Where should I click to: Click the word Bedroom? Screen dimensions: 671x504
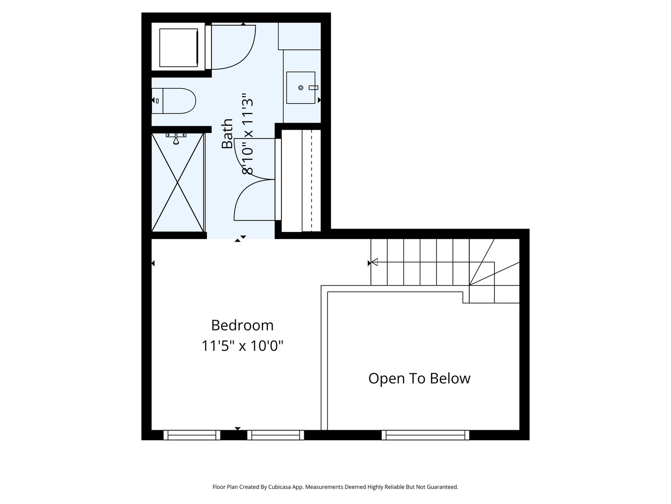click(x=242, y=325)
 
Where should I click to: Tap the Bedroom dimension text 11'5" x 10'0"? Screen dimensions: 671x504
click(x=242, y=346)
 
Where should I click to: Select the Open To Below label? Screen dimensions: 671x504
click(x=419, y=378)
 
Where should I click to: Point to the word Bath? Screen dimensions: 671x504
click(x=227, y=134)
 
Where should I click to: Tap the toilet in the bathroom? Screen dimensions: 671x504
click(x=174, y=101)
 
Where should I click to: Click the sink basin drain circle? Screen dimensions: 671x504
click(x=301, y=88)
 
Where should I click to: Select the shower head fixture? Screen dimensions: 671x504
click(x=176, y=138)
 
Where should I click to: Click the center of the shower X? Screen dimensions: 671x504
click(x=178, y=182)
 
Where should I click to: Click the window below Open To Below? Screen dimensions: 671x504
click(x=425, y=435)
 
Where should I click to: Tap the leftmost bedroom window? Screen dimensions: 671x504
click(x=192, y=435)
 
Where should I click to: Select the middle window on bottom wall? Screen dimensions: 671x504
click(x=275, y=435)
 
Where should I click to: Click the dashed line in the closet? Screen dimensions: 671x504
click(x=312, y=180)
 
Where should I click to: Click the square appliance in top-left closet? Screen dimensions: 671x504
click(x=178, y=48)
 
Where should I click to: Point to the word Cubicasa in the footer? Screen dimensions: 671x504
click(x=280, y=487)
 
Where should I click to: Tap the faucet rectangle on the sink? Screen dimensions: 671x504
click(x=313, y=88)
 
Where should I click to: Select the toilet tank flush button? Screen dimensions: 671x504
click(x=157, y=101)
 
